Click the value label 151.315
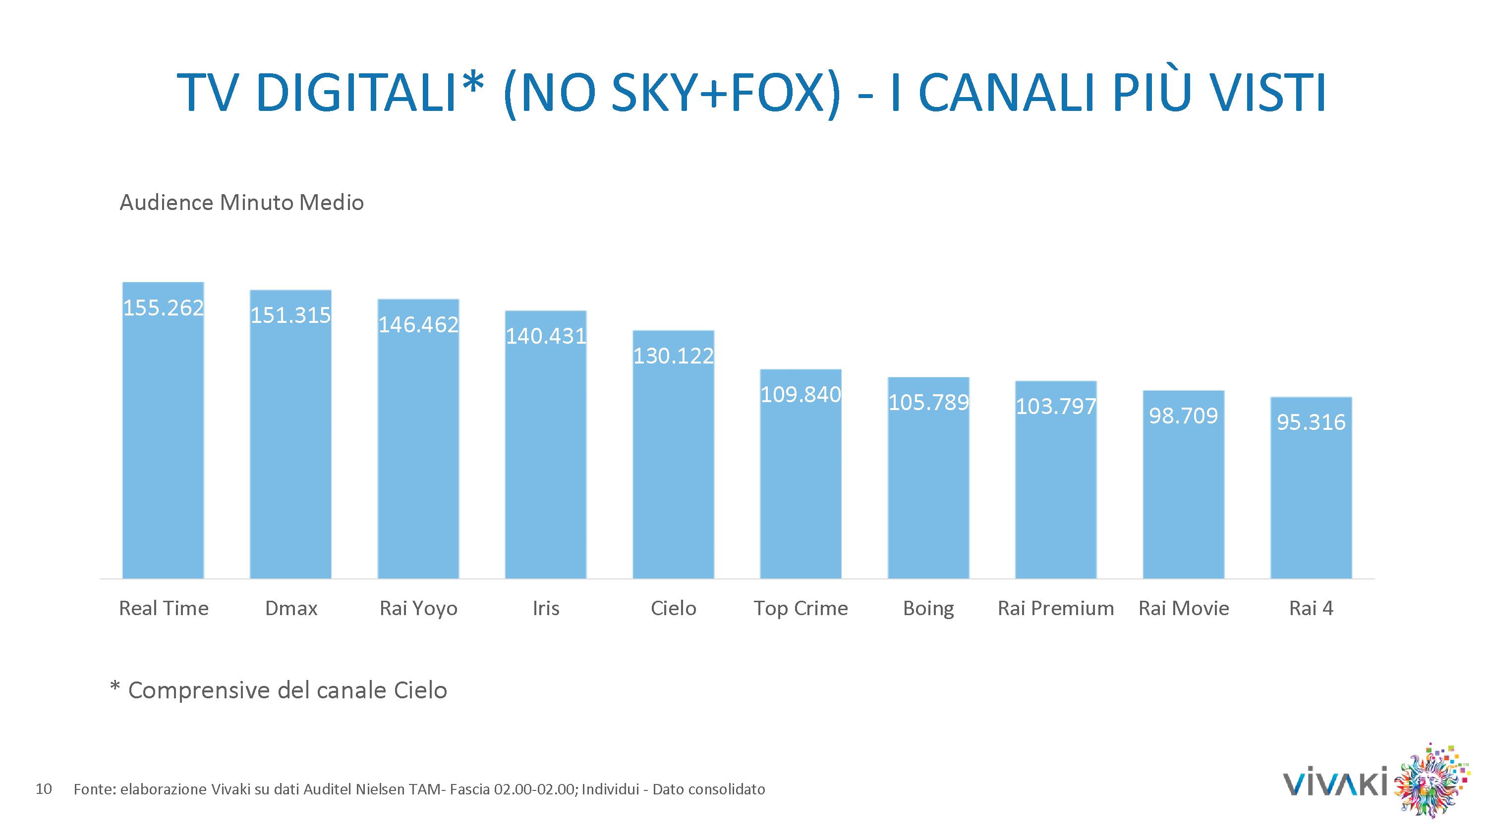(x=290, y=315)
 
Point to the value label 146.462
(x=418, y=325)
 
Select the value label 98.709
(x=1183, y=416)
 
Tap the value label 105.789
(x=928, y=403)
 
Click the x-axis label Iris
(x=546, y=608)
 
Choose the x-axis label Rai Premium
(x=1056, y=608)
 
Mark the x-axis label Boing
(x=928, y=609)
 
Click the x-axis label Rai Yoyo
(x=418, y=609)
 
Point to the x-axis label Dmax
(x=291, y=608)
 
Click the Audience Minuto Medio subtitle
(x=241, y=203)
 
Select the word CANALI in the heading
(x=1007, y=92)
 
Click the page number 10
(x=44, y=788)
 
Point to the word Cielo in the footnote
(x=420, y=690)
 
